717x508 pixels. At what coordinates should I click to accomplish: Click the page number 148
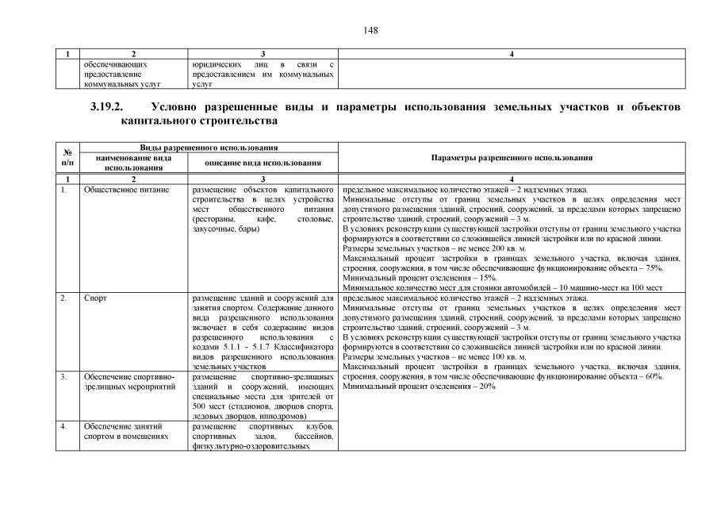[x=371, y=30]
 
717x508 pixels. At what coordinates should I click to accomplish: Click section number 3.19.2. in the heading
[x=110, y=106]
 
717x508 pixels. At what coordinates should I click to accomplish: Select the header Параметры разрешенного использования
[x=512, y=158]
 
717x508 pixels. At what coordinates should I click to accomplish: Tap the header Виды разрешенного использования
[x=201, y=148]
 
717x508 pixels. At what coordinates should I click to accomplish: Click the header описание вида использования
[x=263, y=163]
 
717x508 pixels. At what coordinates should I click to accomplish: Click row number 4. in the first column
[x=63, y=426]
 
